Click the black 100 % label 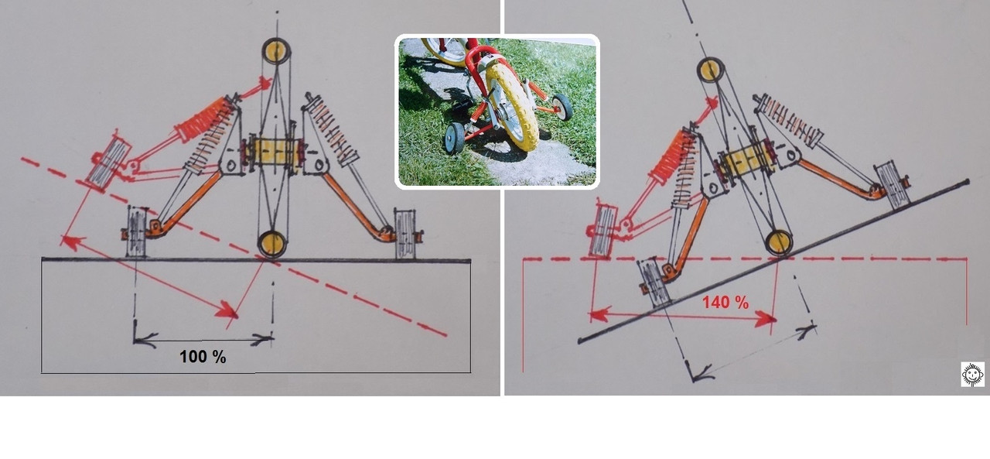point(203,356)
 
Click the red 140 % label point(725,303)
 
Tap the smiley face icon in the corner point(972,374)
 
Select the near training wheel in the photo point(456,139)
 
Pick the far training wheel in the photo point(562,107)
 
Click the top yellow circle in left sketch point(276,51)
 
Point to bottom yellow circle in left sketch point(272,244)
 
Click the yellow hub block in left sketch point(274,152)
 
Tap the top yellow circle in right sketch point(710,70)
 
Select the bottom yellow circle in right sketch point(779,243)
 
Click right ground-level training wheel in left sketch point(405,234)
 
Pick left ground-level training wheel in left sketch point(136,231)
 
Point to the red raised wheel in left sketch point(108,163)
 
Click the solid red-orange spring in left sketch point(204,119)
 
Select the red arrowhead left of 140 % point(598,314)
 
